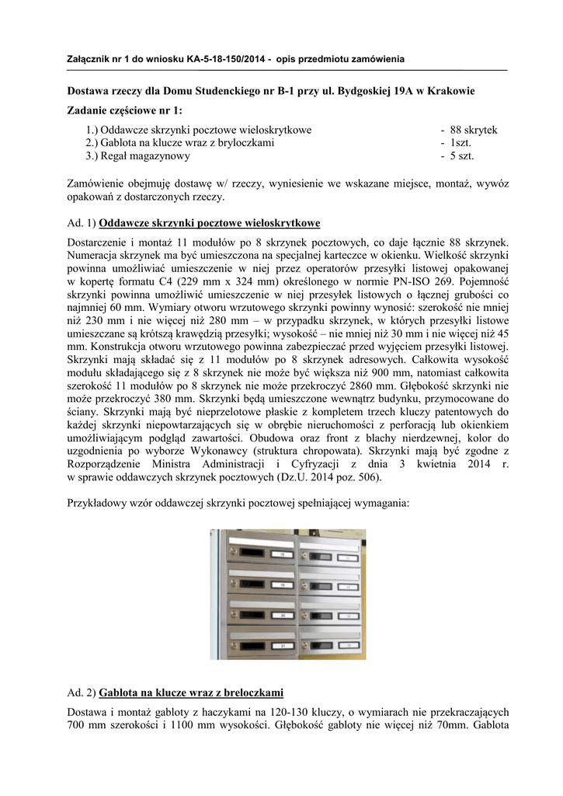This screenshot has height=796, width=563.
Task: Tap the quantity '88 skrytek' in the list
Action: (x=473, y=130)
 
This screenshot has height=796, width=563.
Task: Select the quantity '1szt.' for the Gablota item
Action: (x=460, y=143)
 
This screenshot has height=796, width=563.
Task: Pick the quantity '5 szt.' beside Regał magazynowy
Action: (x=462, y=156)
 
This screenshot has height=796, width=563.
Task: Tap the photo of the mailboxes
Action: (x=287, y=595)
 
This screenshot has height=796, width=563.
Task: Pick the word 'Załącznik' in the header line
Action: (x=88, y=60)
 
